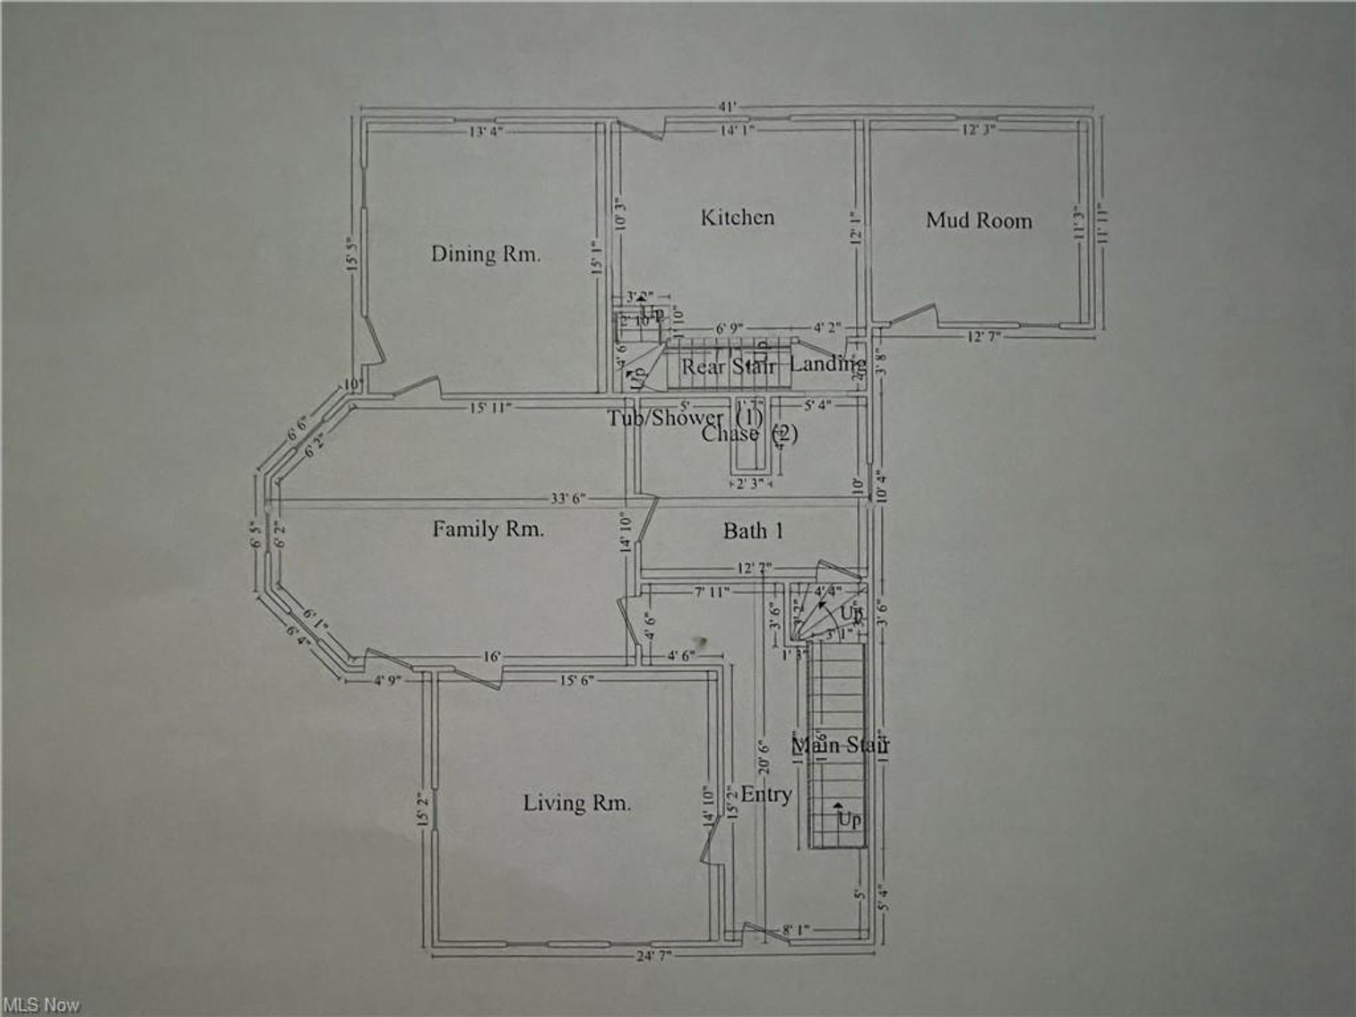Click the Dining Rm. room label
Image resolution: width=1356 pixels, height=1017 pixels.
486,254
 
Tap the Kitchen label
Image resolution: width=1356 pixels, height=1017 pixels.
737,217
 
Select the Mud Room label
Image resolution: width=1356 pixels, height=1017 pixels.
979,220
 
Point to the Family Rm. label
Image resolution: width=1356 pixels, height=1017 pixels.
488,529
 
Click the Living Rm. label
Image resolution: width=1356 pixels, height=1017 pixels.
576,803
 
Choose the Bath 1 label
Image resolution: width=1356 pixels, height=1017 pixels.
753,531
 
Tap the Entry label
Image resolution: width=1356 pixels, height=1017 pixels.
765,795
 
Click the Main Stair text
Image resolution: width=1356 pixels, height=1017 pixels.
840,745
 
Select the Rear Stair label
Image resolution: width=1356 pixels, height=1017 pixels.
728,366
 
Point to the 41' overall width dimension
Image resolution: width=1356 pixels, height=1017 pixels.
727,107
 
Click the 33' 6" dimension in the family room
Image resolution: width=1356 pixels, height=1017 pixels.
568,499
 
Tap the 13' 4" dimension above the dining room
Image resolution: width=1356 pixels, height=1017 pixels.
487,131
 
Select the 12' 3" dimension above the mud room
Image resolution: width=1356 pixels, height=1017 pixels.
979,130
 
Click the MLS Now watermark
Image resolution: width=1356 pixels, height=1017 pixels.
41,1005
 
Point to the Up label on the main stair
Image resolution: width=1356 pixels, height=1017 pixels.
849,819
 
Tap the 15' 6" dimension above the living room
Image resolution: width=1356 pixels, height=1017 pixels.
576,680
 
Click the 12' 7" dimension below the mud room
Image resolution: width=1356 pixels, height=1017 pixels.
983,336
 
